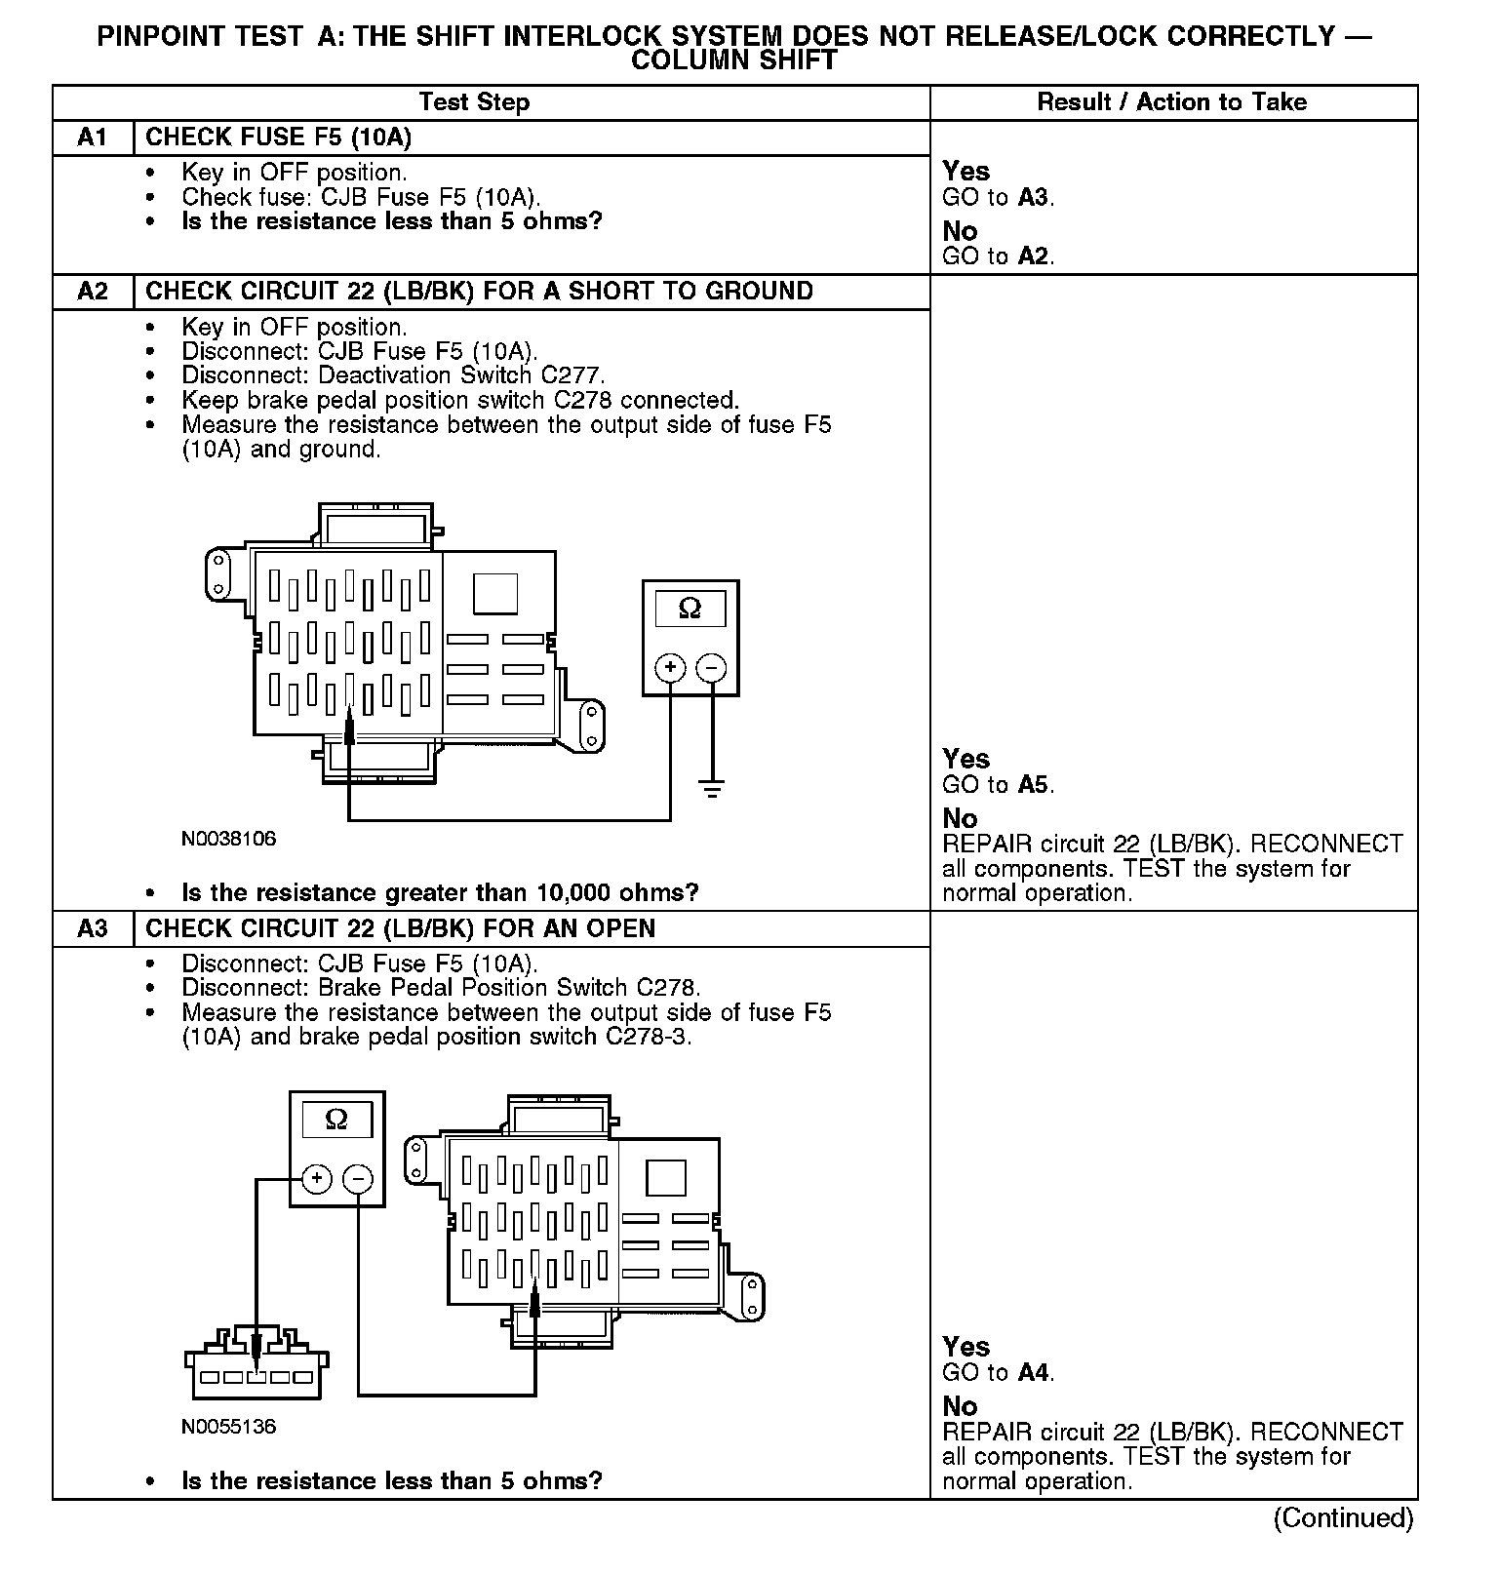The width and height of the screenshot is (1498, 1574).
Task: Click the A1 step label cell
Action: pyautogui.click(x=93, y=138)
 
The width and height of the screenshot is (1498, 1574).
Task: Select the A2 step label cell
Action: pyautogui.click(x=93, y=292)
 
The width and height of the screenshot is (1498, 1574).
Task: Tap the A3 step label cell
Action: pyautogui.click(x=93, y=928)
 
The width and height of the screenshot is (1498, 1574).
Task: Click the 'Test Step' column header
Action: pyautogui.click(x=474, y=102)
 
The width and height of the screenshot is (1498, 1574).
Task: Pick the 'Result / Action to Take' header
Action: pyautogui.click(x=1171, y=102)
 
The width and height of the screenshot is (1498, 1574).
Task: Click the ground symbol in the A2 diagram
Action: pyautogui.click(x=713, y=787)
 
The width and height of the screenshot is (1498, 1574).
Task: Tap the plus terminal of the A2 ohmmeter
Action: pyautogui.click(x=670, y=668)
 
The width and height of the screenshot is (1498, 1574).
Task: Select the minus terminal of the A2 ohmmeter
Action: pyautogui.click(x=712, y=668)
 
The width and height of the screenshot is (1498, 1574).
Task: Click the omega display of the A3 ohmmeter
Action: pyautogui.click(x=336, y=1120)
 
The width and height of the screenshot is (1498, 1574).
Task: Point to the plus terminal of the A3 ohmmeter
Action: pyautogui.click(x=316, y=1179)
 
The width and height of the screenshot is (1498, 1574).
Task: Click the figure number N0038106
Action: pyautogui.click(x=228, y=839)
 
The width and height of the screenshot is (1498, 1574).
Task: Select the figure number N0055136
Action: pyautogui.click(x=228, y=1427)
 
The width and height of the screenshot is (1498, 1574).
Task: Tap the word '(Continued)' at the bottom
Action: pyautogui.click(x=1343, y=1518)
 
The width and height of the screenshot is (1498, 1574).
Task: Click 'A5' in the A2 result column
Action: pyautogui.click(x=1034, y=785)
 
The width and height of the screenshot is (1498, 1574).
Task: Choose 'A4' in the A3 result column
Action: pyautogui.click(x=1034, y=1373)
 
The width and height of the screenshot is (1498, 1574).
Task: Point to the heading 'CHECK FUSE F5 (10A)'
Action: pyautogui.click(x=278, y=138)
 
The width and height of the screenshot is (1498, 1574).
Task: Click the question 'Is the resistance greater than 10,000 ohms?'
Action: pyautogui.click(x=440, y=893)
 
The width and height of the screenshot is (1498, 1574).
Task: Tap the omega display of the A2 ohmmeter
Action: pyautogui.click(x=690, y=609)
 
